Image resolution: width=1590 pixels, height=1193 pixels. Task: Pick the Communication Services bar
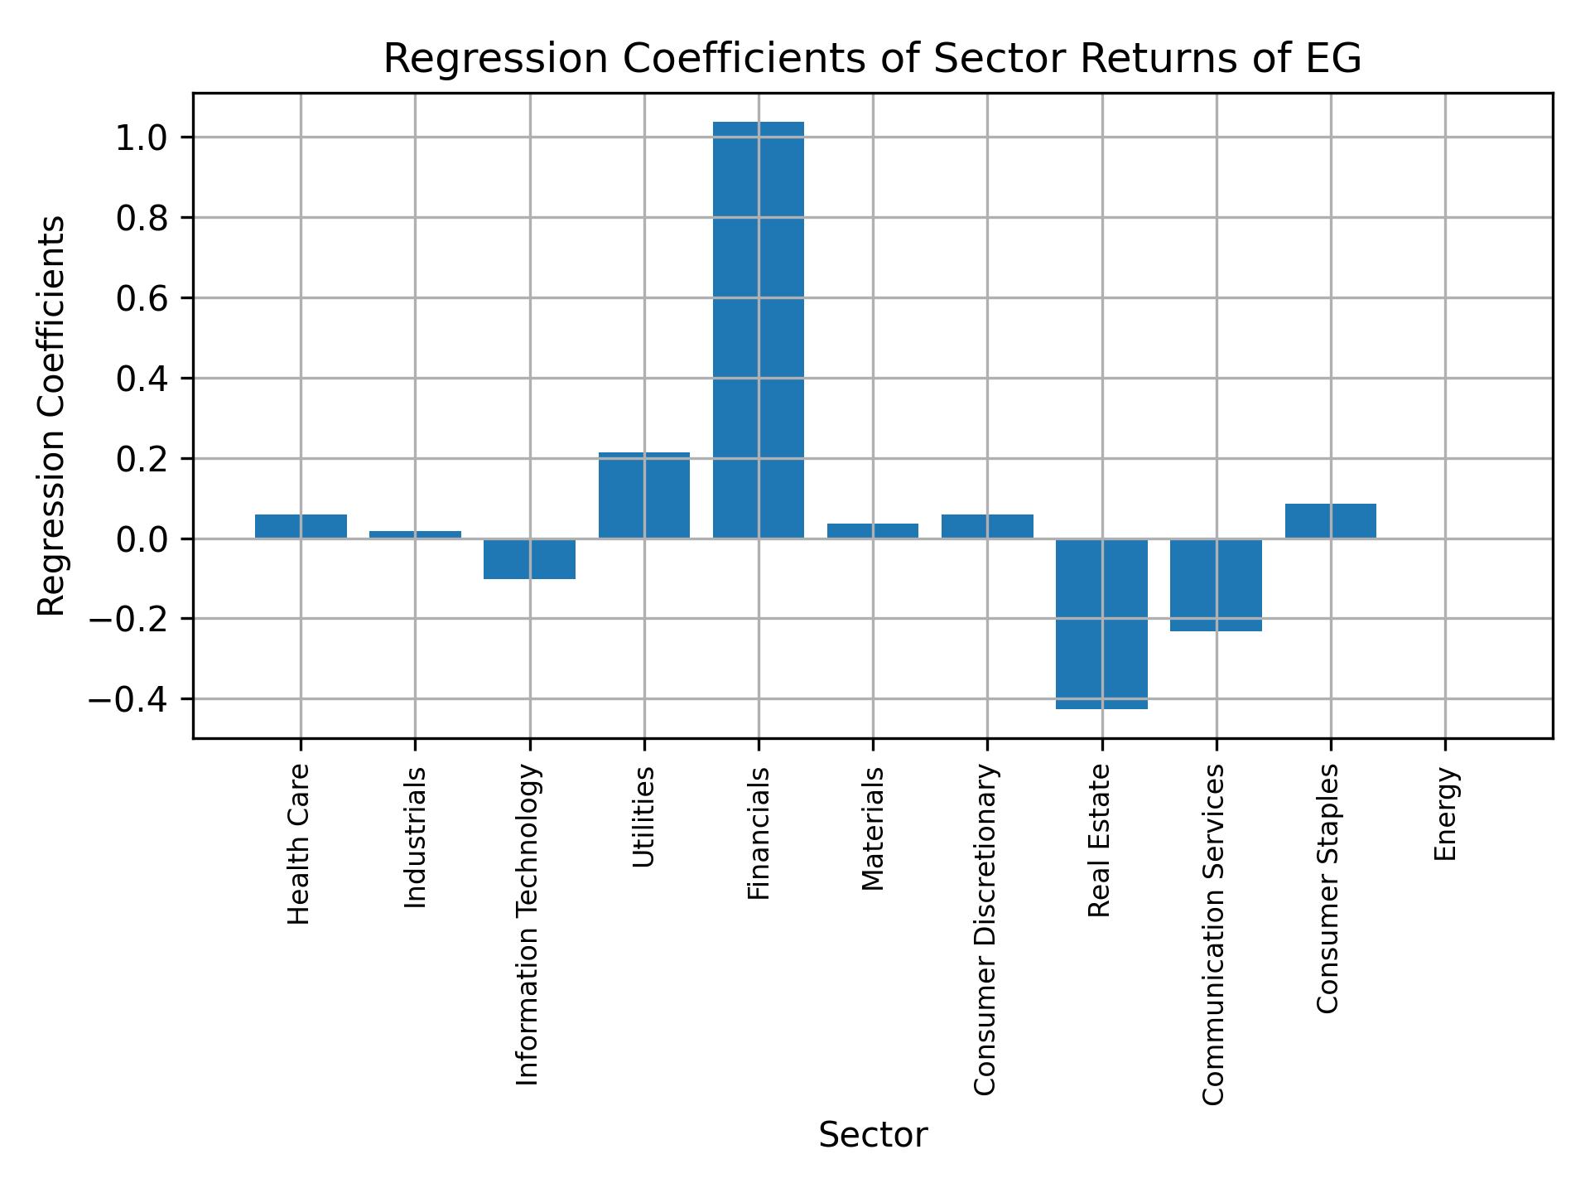tap(1216, 585)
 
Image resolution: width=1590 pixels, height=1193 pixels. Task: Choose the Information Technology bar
tap(529, 559)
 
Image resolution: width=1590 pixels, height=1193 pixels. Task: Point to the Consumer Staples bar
tap(1330, 521)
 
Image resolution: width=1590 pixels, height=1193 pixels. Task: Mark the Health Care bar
tap(301, 526)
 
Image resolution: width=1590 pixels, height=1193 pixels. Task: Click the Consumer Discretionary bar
tap(987, 526)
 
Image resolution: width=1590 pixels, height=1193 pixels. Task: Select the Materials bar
tap(873, 531)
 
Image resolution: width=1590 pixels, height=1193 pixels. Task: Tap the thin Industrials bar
tap(415, 534)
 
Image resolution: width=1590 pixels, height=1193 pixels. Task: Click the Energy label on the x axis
tap(1445, 814)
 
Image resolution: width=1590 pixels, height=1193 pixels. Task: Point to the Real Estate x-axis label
tap(1099, 841)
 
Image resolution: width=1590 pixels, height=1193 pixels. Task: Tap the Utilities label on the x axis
tap(643, 817)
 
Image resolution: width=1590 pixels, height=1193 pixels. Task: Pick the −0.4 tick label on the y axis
tap(128, 700)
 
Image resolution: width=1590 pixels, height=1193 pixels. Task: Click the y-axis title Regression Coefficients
tap(52, 416)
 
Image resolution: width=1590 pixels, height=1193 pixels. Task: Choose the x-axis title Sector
tap(873, 1136)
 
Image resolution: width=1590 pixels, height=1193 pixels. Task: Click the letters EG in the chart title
tap(1336, 60)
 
